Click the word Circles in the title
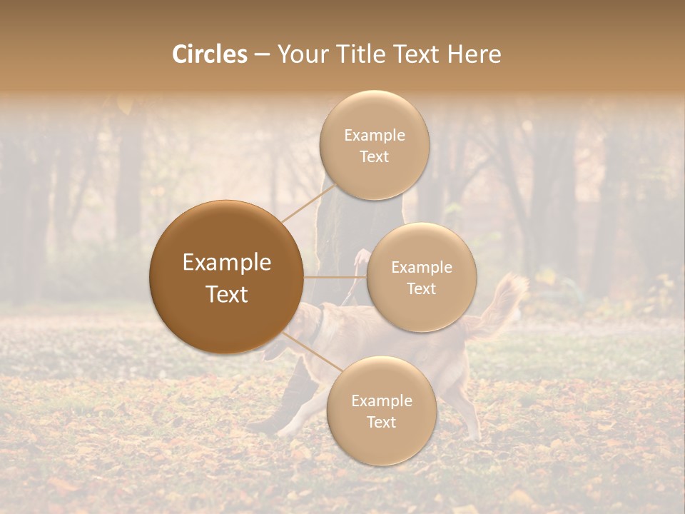(x=209, y=54)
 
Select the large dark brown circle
(x=227, y=277)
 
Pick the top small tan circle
(x=373, y=145)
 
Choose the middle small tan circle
(x=421, y=277)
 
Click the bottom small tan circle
(x=381, y=410)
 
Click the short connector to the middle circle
(x=335, y=277)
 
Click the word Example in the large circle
(x=227, y=263)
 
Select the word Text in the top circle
(x=374, y=156)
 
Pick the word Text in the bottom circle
(x=381, y=422)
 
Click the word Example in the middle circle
(x=421, y=267)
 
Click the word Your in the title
(x=300, y=54)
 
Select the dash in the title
(x=261, y=54)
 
